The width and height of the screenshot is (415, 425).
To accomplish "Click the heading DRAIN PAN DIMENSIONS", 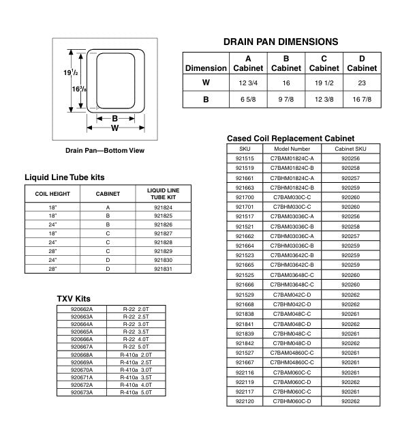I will [280, 42].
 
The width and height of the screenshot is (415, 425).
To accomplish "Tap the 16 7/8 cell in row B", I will [362, 99].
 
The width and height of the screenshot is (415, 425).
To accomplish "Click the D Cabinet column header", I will [362, 63].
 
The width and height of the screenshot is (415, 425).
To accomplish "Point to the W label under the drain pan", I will [114, 128].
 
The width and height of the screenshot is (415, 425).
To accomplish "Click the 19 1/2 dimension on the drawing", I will [61, 72].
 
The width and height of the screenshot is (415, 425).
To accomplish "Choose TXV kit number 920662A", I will [82, 309].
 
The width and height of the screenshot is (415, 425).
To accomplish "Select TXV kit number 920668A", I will [82, 354].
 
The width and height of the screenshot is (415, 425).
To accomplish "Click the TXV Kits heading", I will [73, 299].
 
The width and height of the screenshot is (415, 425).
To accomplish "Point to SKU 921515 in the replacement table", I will [245, 158].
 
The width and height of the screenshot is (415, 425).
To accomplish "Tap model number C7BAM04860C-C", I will [292, 353].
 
